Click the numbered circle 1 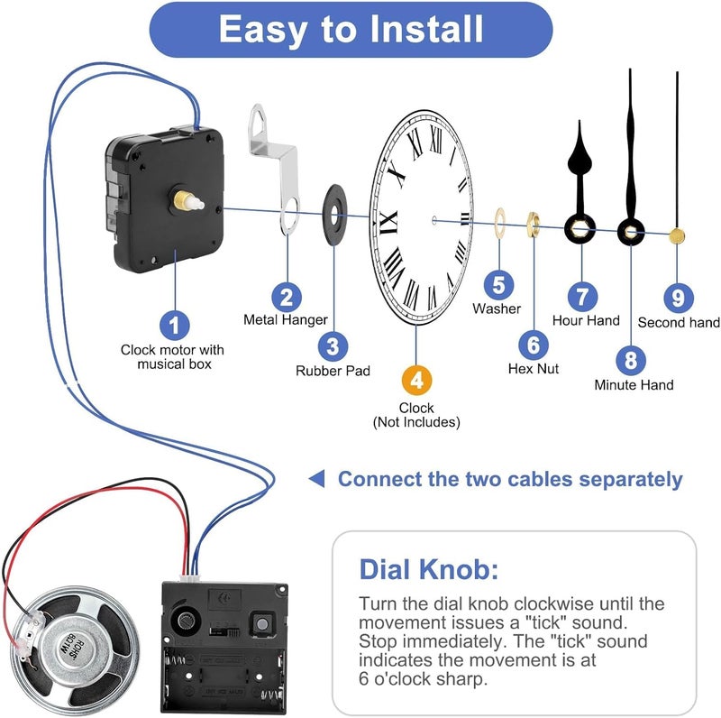[x=174, y=323]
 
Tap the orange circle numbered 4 [x=415, y=380]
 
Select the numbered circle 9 [x=678, y=296]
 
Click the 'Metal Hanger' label [x=286, y=320]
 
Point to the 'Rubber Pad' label [x=333, y=371]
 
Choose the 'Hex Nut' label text [x=533, y=369]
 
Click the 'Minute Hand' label [x=634, y=385]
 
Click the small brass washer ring [x=498, y=222]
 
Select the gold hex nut [x=533, y=222]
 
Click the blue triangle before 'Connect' [x=316, y=478]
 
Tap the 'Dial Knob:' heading [x=428, y=569]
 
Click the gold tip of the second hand [x=678, y=236]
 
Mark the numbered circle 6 [x=533, y=344]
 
